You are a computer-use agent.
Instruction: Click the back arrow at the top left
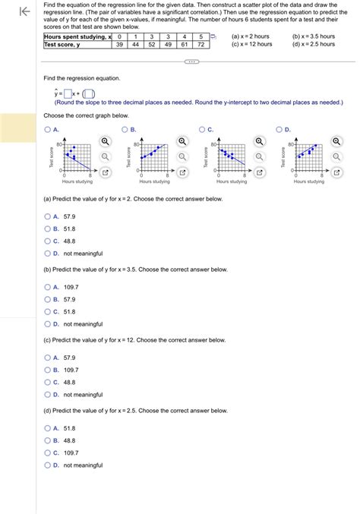click(24, 11)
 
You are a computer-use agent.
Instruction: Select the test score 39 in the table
click(119, 45)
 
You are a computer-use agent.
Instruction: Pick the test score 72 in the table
click(201, 45)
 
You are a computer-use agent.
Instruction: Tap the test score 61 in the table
click(185, 45)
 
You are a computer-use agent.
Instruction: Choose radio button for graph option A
click(48, 130)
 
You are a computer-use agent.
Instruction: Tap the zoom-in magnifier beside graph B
click(182, 141)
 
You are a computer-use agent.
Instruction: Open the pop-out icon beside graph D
click(336, 173)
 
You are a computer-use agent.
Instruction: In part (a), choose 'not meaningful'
click(48, 254)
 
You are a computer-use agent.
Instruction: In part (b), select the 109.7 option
click(48, 287)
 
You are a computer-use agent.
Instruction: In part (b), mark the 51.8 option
click(48, 311)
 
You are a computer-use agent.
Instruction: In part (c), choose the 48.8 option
click(48, 382)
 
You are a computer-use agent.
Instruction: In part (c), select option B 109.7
click(48, 370)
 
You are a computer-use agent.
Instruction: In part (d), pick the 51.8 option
click(48, 428)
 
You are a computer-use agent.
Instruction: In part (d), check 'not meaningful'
click(48, 465)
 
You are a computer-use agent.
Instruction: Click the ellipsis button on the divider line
click(191, 63)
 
